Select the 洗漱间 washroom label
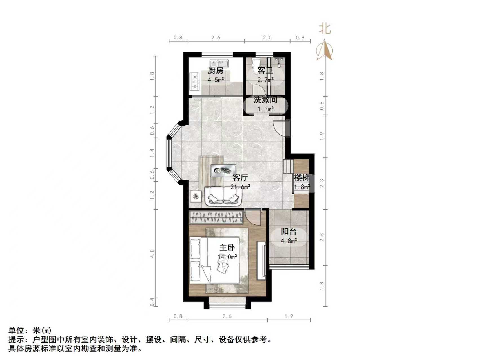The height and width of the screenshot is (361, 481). (x=265, y=100)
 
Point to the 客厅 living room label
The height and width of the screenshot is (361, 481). (x=240, y=177)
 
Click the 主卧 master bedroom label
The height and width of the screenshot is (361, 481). (x=227, y=247)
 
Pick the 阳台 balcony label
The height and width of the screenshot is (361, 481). (x=289, y=232)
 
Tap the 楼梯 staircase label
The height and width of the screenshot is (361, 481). (x=302, y=177)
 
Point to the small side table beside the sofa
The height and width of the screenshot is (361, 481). (x=196, y=196)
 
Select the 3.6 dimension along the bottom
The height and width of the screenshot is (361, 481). (x=227, y=316)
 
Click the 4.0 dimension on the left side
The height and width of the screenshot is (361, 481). (x=152, y=253)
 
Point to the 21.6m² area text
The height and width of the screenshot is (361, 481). (x=240, y=187)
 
